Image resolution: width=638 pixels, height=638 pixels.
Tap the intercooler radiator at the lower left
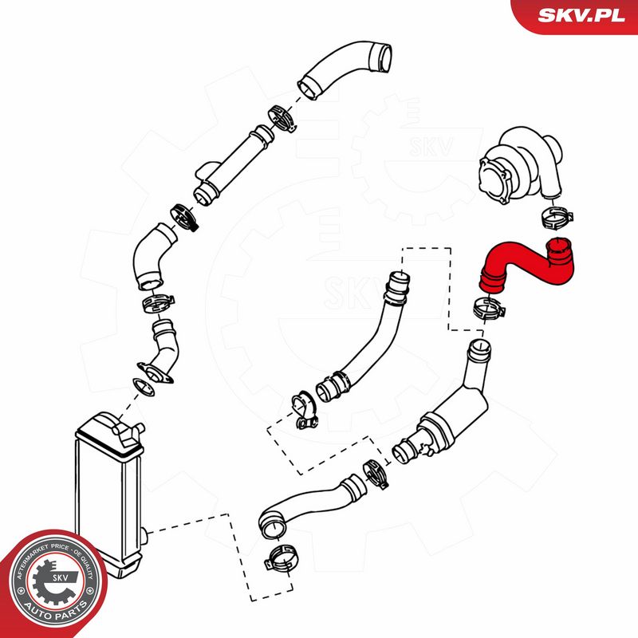[x=109, y=494]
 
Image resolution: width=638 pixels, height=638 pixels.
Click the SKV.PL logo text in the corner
[x=581, y=15]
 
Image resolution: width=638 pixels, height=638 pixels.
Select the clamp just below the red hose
[x=489, y=308]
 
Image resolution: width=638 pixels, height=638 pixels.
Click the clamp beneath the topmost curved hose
[x=283, y=118]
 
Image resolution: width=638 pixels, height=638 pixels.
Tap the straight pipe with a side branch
[x=232, y=165]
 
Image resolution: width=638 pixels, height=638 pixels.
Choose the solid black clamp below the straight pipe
[x=184, y=217]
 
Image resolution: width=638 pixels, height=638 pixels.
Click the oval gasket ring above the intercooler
[x=144, y=387]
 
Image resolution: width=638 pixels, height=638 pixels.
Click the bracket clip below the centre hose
[x=304, y=410]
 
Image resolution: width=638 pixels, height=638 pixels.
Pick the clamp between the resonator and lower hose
[x=375, y=473]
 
